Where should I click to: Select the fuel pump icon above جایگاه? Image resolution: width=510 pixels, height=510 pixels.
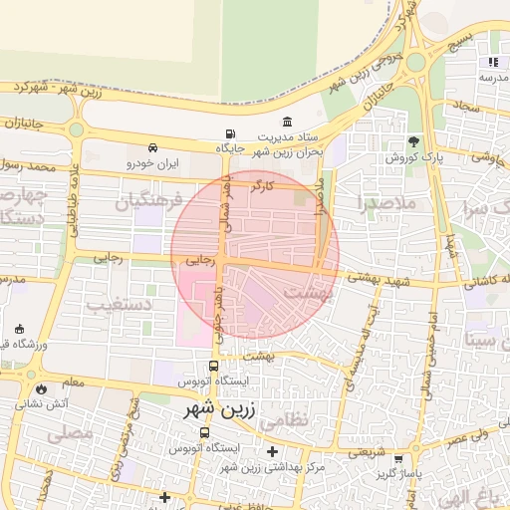tap(231, 133)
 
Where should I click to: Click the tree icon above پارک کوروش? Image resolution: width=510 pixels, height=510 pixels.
tap(413, 141)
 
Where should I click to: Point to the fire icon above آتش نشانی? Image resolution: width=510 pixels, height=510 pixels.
tap(41, 388)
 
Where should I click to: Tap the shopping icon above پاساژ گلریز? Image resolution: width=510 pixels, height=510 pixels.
tap(399, 459)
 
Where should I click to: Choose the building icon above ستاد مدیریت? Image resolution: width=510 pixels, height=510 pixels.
tap(288, 121)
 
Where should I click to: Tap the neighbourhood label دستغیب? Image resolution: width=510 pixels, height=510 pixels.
tap(119, 305)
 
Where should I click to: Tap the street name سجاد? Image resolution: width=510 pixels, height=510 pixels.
tap(466, 106)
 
